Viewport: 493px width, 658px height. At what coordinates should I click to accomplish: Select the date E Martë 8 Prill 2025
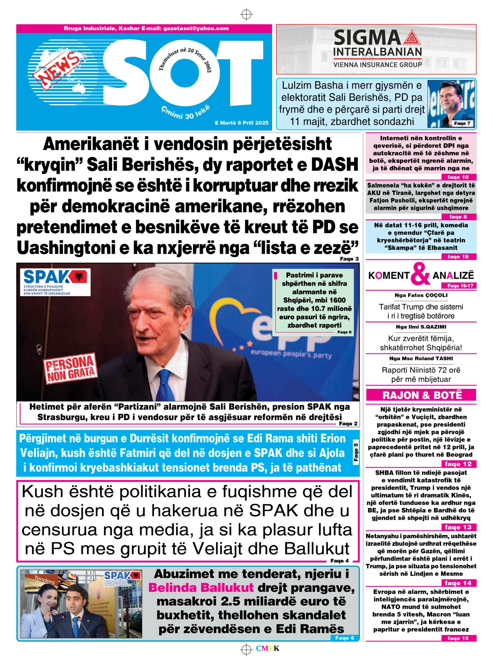tap(242, 123)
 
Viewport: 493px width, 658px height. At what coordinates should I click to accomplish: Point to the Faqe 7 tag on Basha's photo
tap(462, 123)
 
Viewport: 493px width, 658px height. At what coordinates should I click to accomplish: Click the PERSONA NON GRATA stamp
tap(70, 369)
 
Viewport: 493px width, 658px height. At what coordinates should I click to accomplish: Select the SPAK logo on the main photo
tap(56, 281)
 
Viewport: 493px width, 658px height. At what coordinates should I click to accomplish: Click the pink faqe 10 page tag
tap(458, 177)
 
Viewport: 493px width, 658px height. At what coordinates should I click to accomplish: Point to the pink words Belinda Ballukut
tap(201, 588)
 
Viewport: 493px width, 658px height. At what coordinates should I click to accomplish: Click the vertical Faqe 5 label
tap(356, 452)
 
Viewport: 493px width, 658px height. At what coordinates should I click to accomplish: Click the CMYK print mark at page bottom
tap(268, 648)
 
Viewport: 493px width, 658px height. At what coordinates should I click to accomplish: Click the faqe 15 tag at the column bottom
tap(458, 638)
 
